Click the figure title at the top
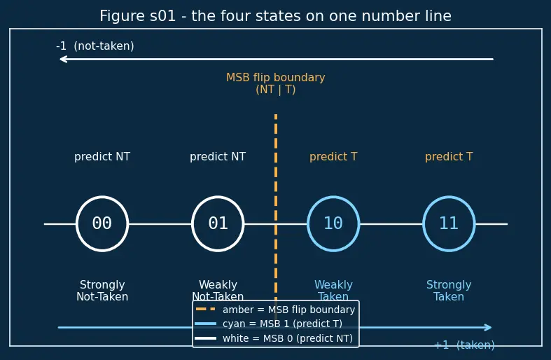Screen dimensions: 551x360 [276, 16]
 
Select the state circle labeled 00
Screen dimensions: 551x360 [102, 198]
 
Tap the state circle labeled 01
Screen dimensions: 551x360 [218, 198]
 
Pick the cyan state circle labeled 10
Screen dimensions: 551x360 [333, 198]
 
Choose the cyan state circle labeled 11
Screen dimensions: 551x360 [449, 198]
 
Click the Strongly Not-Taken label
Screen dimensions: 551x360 [102, 291]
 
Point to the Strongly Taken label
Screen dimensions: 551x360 [449, 291]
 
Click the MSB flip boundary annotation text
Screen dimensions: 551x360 [276, 83]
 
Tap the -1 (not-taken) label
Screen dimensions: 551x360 [95, 46]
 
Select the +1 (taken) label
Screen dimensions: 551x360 [465, 345]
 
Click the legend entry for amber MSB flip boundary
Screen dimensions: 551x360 [275, 310]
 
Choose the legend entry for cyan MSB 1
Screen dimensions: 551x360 [269, 324]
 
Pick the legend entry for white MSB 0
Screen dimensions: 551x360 [274, 338]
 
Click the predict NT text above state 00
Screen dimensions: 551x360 [102, 156]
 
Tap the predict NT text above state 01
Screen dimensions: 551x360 [218, 156]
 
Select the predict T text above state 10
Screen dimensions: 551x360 [333, 156]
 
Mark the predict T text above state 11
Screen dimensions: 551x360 [449, 156]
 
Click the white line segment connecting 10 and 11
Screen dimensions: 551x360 [391, 224]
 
